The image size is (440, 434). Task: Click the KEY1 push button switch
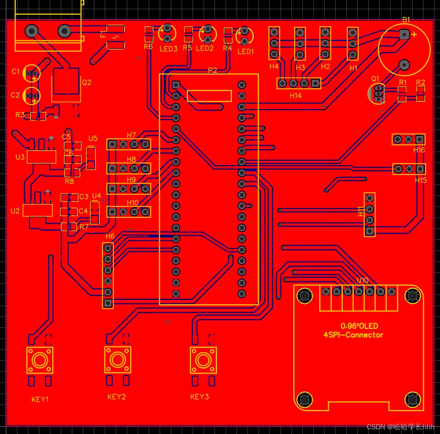[x=40, y=360]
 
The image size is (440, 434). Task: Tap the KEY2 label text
[x=117, y=397]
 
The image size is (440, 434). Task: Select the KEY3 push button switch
[x=203, y=360]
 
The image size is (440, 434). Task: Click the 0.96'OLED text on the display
[x=359, y=326]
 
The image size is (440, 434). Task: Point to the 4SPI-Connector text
[x=353, y=335]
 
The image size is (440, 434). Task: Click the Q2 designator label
[x=87, y=82]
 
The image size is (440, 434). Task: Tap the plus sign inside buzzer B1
[x=414, y=34]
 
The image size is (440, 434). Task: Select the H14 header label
[x=296, y=96]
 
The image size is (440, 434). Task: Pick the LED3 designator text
[x=169, y=49]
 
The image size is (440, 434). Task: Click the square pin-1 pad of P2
[x=176, y=85]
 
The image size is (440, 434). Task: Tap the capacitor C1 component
[x=31, y=74]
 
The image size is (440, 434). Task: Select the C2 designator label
[x=15, y=95]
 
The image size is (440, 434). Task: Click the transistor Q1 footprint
[x=378, y=93]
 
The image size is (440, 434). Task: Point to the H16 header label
[x=419, y=150]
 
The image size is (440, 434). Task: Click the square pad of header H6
[x=108, y=303]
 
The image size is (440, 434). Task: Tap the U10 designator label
[x=362, y=280]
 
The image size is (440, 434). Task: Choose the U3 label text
[x=20, y=157]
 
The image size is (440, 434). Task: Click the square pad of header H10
[x=112, y=212]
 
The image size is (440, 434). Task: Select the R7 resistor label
[x=84, y=227]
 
